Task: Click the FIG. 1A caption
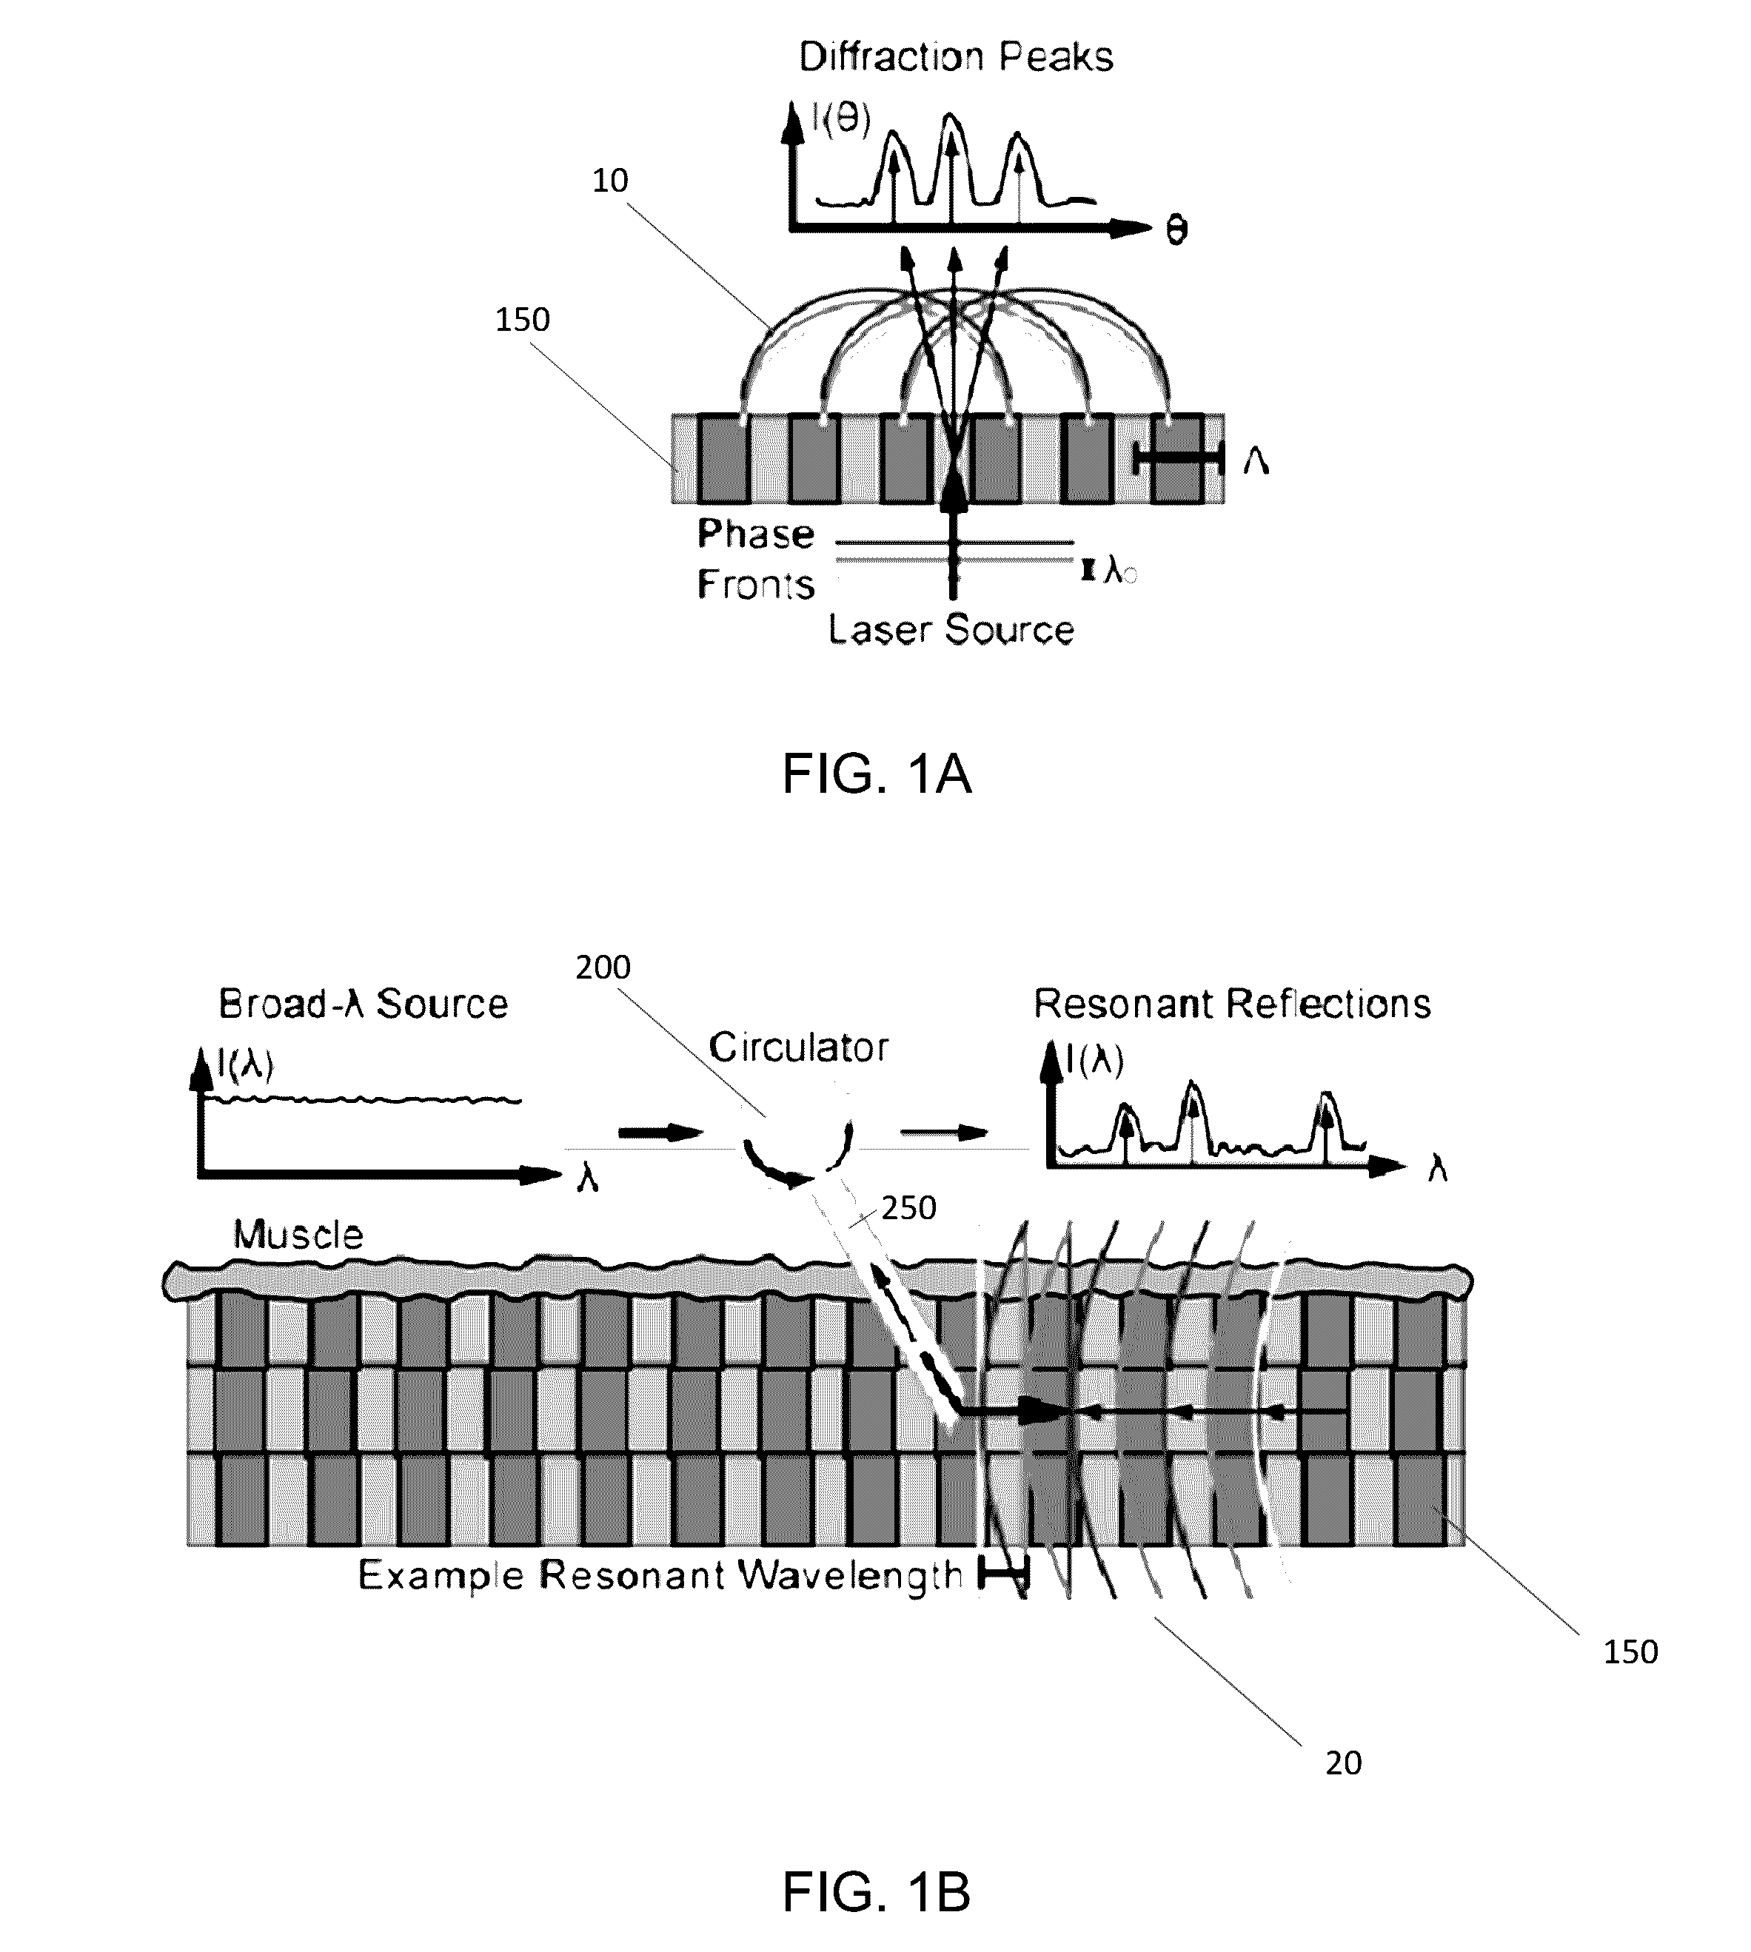[x=877, y=774]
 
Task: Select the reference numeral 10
[x=610, y=180]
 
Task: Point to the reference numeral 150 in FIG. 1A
[x=523, y=319]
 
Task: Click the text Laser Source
[x=951, y=629]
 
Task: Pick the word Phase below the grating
[x=756, y=533]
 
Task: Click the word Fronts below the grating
[x=756, y=584]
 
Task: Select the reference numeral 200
[x=603, y=967]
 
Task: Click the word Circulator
[x=799, y=1047]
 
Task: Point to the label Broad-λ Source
[x=364, y=1004]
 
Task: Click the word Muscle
[x=298, y=1234]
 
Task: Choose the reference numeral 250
[x=908, y=1207]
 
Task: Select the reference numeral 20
[x=1344, y=1762]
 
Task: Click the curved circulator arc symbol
[x=797, y=1155]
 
